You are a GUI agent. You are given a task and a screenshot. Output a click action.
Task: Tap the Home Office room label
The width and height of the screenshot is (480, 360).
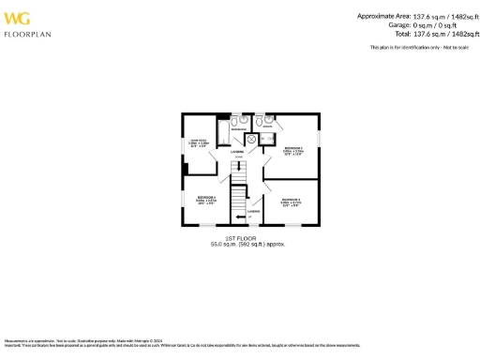(199, 142)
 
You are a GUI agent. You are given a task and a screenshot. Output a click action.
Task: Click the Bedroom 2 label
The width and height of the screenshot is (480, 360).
(292, 148)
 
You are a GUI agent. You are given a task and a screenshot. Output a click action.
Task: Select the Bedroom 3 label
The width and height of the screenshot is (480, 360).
(291, 200)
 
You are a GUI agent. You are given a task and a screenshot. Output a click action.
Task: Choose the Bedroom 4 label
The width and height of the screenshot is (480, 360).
(206, 197)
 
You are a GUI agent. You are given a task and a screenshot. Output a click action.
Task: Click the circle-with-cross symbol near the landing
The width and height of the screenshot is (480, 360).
(251, 140)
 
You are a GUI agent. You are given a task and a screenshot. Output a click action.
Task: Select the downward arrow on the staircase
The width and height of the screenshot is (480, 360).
(238, 166)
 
